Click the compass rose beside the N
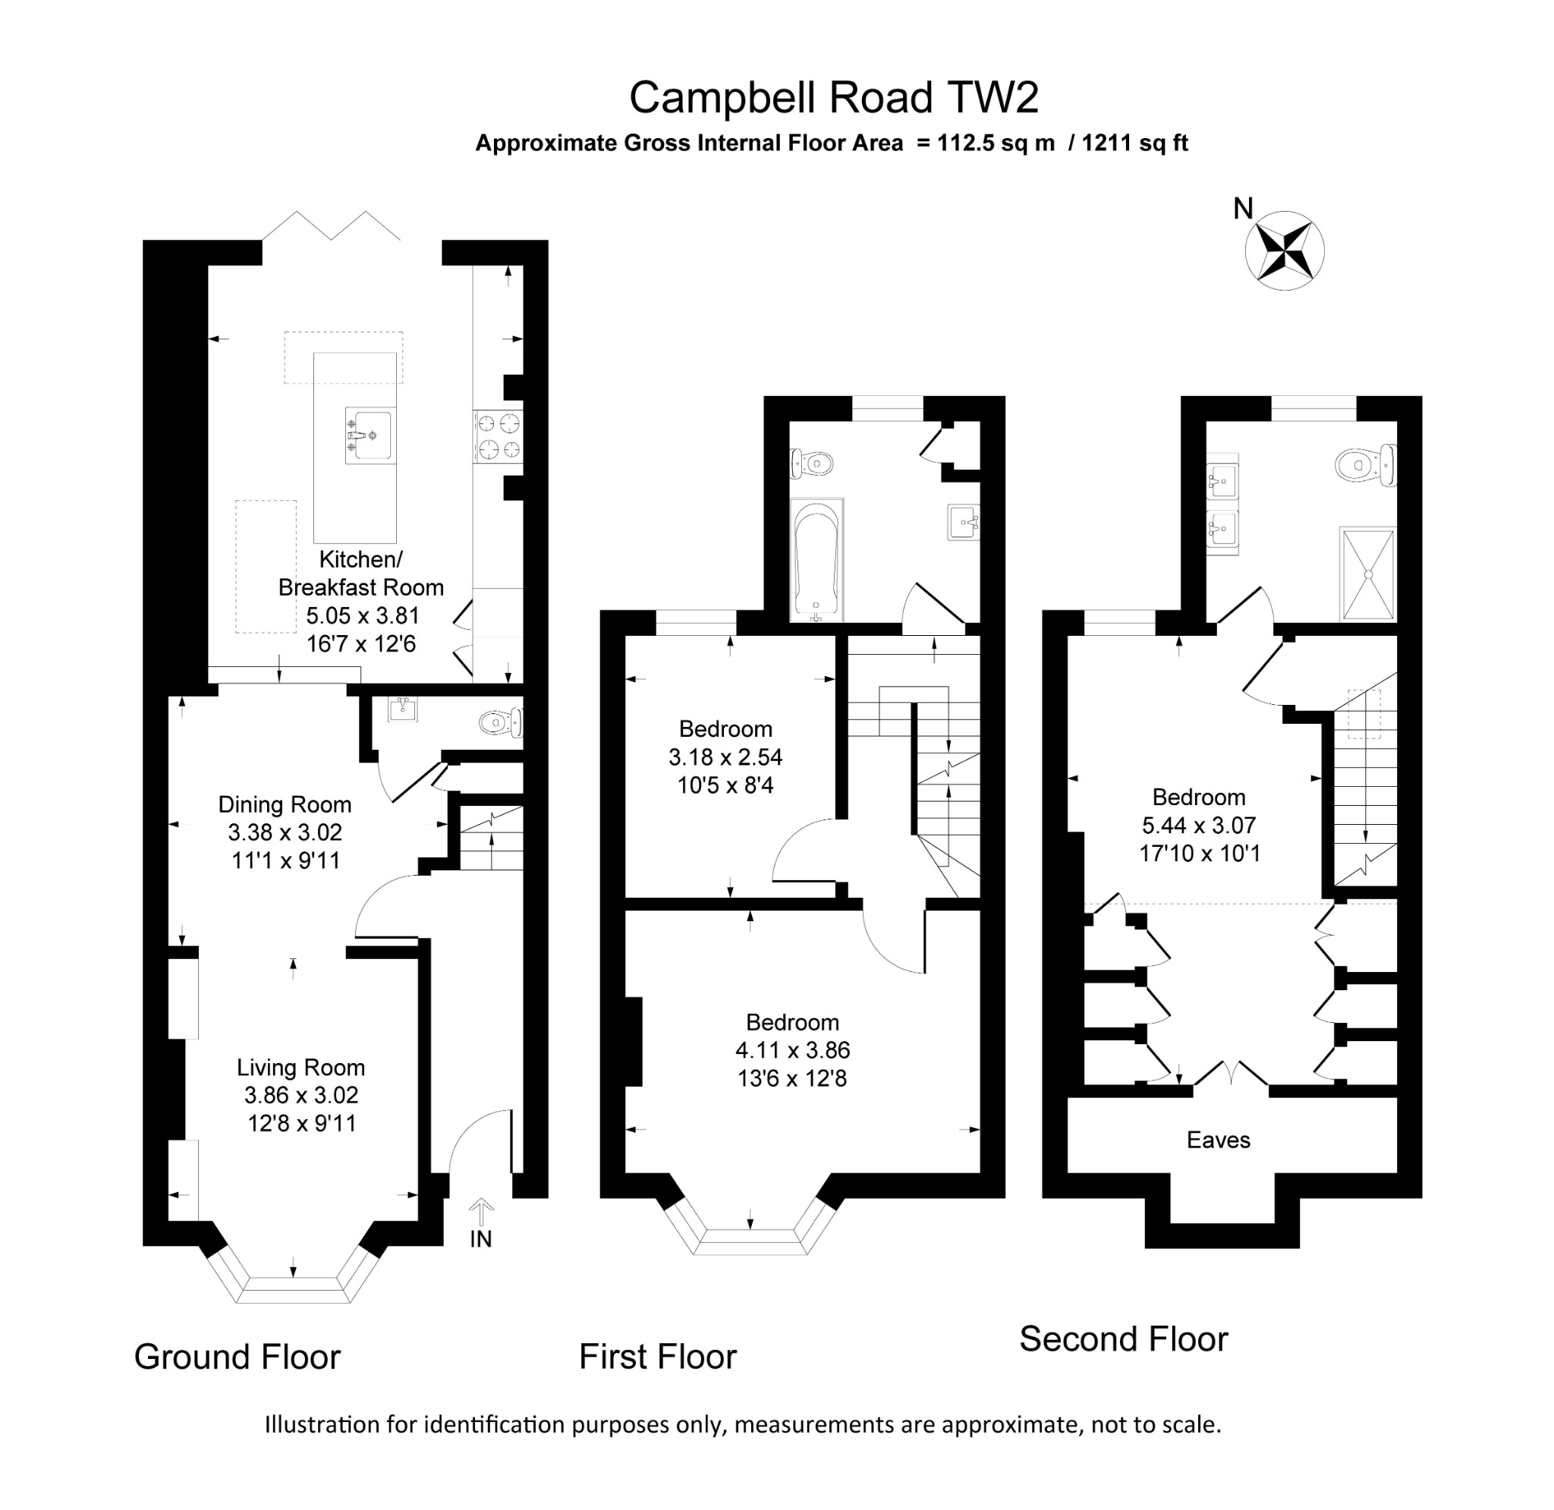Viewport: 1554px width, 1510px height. pos(1284,250)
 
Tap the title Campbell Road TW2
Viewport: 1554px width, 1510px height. pos(833,99)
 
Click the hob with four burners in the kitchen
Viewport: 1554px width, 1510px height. pos(499,436)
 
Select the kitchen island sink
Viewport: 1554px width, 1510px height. pos(369,435)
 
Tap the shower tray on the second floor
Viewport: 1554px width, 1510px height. pos(1367,574)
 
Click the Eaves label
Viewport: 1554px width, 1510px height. pos(1218,1140)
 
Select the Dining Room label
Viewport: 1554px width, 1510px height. pos(285,805)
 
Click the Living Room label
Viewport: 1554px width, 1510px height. pos(300,1068)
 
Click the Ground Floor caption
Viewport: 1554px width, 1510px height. pos(237,1357)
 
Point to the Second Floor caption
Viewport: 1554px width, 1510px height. pos(1123,1339)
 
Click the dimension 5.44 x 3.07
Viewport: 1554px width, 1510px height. pos(1198,826)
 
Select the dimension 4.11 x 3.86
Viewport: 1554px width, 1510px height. pos(792,1051)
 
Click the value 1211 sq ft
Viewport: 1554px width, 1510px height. pos(1134,143)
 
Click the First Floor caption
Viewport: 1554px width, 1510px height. pos(657,1357)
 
